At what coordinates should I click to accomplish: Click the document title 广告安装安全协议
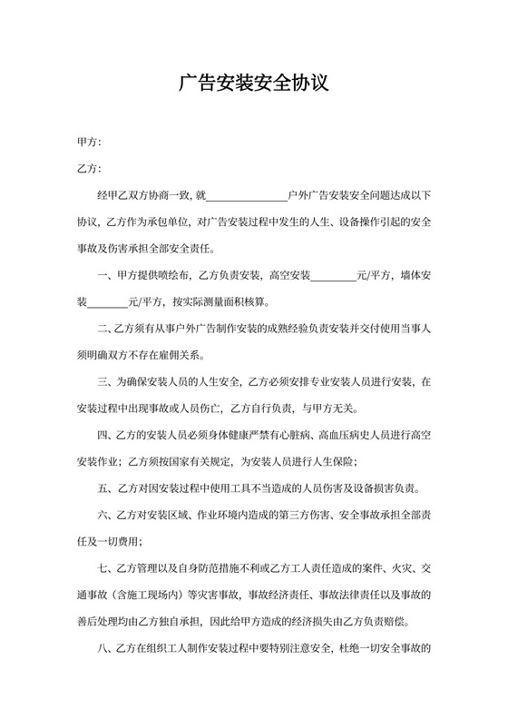pos(254,84)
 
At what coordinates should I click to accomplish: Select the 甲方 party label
pos(89,143)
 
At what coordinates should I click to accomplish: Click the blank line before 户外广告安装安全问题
pos(247,194)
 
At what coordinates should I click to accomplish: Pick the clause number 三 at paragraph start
pos(103,381)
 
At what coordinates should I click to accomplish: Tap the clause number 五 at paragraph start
pos(103,488)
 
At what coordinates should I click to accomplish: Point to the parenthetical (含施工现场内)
pos(150,595)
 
